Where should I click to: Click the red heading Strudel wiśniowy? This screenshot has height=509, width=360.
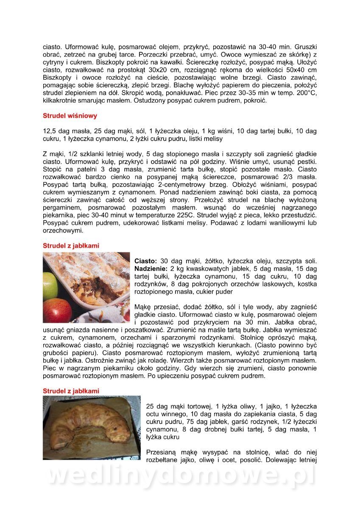[70, 116]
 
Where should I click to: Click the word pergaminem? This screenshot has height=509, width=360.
[63, 208]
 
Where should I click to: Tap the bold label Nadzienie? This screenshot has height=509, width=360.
[151, 269]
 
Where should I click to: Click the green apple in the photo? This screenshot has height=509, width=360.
[50, 285]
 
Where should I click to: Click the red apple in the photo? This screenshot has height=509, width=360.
[57, 311]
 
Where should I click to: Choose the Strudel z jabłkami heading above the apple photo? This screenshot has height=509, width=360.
[71, 246]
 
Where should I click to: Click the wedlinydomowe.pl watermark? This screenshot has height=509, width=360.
[180, 476]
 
